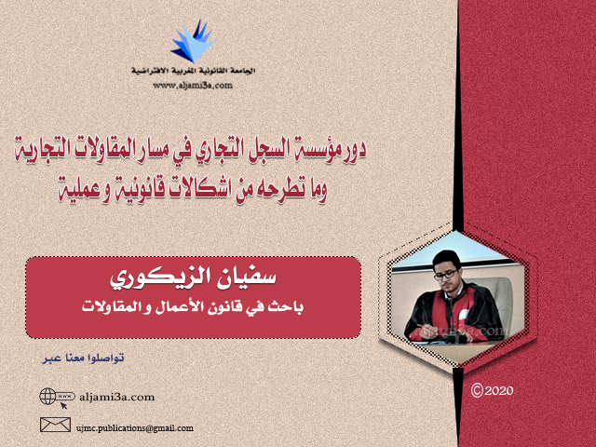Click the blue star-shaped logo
193,42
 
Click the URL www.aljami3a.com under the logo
193,85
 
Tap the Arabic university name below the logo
193,71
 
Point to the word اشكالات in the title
196,189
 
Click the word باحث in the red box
287,307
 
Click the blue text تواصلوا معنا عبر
83,358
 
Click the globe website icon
47,397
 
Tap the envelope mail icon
56,425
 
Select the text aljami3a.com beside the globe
117,398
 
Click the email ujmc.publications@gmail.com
134,428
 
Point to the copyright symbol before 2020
477,390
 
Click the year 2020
499,391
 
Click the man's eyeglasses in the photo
446,275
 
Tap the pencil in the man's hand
422,327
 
